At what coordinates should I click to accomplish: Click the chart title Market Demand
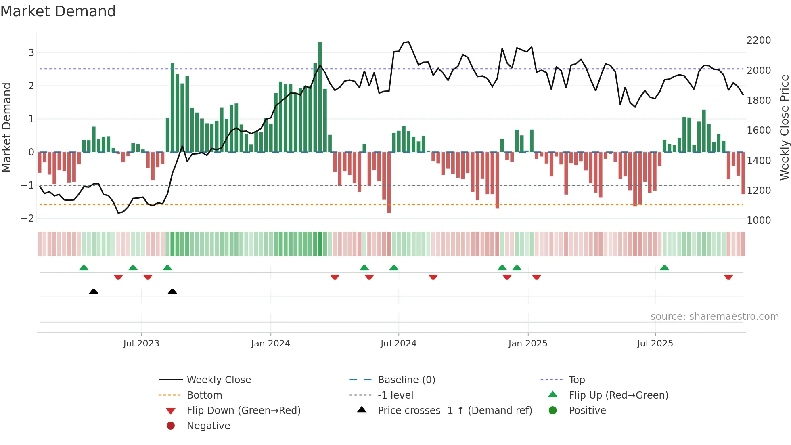coord(58,11)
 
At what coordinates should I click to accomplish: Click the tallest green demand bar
coord(320,97)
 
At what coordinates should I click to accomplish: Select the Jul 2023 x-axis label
coord(141,344)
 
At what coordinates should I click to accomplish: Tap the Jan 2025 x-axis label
coord(527,344)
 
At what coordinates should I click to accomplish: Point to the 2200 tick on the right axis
coord(759,40)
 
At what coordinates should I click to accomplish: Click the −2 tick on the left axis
coord(28,218)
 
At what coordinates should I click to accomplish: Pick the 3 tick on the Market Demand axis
coord(31,52)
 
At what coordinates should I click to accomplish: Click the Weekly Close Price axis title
coord(784,127)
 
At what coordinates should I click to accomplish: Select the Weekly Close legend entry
coord(219,380)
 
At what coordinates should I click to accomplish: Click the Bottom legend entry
coord(204,395)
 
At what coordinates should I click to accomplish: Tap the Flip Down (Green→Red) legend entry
coord(243,411)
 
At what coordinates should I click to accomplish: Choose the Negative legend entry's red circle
coord(171,426)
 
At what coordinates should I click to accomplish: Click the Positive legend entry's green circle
coord(553,411)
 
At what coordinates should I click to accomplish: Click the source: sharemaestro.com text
coord(714,317)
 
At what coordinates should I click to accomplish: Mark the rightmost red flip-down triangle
coord(728,277)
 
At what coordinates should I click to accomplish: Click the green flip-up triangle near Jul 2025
coord(664,268)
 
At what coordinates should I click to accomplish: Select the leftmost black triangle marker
coord(94,291)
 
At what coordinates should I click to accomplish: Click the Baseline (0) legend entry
coord(406,380)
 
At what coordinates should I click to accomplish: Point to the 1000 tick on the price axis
coord(759,220)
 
